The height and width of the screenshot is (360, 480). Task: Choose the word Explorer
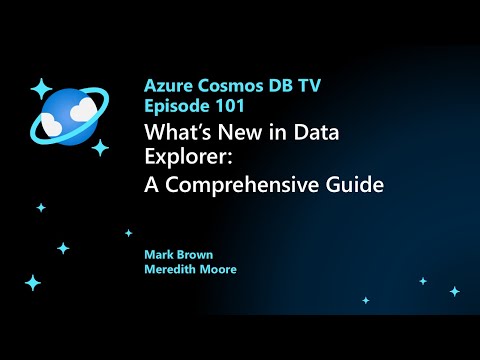(186, 158)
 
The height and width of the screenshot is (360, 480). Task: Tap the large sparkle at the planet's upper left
(41, 87)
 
